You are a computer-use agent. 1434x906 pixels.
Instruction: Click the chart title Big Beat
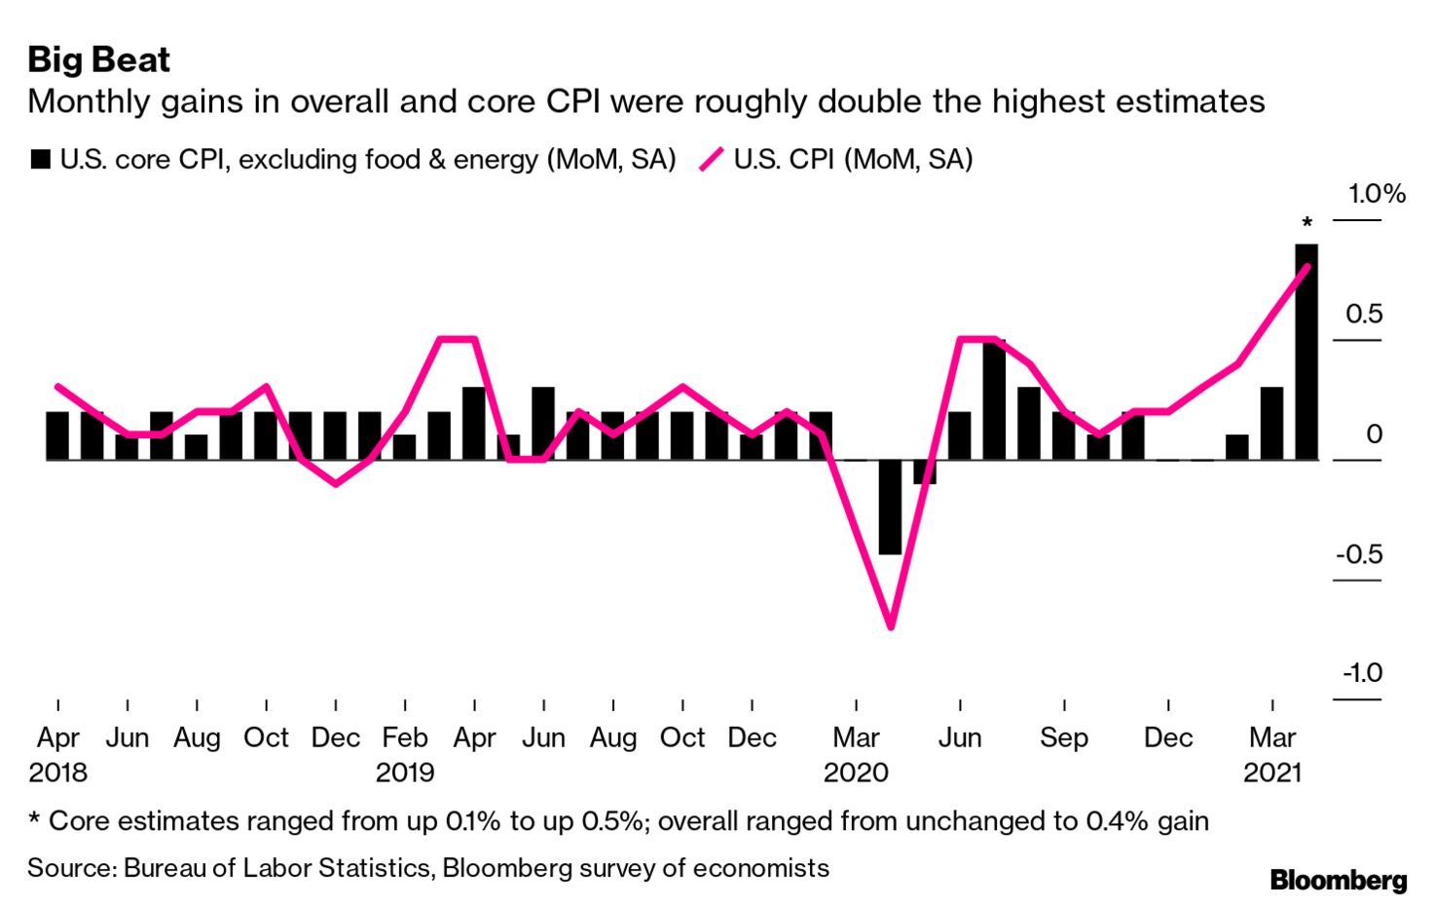pyautogui.click(x=98, y=59)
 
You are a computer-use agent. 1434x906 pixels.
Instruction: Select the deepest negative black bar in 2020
pyautogui.click(x=890, y=507)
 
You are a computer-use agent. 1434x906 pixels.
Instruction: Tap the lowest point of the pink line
pyautogui.click(x=890, y=626)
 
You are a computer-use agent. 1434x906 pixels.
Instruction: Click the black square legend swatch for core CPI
pyautogui.click(x=40, y=160)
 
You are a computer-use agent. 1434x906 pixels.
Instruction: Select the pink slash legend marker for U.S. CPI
pyautogui.click(x=712, y=160)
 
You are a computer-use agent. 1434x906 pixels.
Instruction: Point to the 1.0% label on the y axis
pyautogui.click(x=1376, y=194)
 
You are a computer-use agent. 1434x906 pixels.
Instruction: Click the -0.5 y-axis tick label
pyautogui.click(x=1359, y=554)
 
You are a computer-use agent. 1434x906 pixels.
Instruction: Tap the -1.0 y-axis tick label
pyautogui.click(x=1361, y=673)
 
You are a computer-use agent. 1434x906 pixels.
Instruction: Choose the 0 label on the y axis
pyautogui.click(x=1374, y=434)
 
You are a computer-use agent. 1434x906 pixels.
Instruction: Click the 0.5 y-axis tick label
pyautogui.click(x=1364, y=314)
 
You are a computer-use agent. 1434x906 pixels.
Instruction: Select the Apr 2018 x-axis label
pyautogui.click(x=58, y=738)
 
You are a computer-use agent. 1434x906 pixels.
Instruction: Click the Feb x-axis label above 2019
pyautogui.click(x=405, y=738)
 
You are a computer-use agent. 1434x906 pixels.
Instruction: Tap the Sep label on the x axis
pyautogui.click(x=1063, y=738)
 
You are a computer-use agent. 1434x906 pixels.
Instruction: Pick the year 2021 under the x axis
pyautogui.click(x=1272, y=774)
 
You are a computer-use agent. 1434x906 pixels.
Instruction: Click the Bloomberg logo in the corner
pyautogui.click(x=1339, y=880)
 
